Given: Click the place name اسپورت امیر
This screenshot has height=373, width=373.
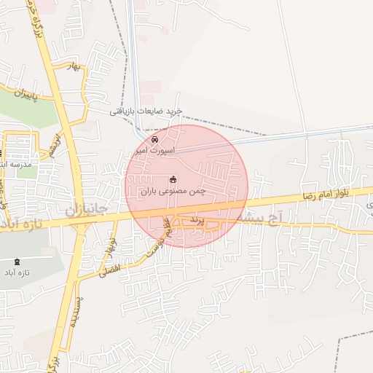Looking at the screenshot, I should pyautogui.click(x=152, y=150).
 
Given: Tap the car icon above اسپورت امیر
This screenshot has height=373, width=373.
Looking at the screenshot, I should pyautogui.click(x=154, y=138).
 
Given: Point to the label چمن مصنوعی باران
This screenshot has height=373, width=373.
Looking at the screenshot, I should pyautogui.click(x=173, y=192).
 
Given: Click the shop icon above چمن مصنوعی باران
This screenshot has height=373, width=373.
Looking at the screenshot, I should pyautogui.click(x=173, y=179).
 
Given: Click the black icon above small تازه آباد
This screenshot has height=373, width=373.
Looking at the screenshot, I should pyautogui.click(x=17, y=262).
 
